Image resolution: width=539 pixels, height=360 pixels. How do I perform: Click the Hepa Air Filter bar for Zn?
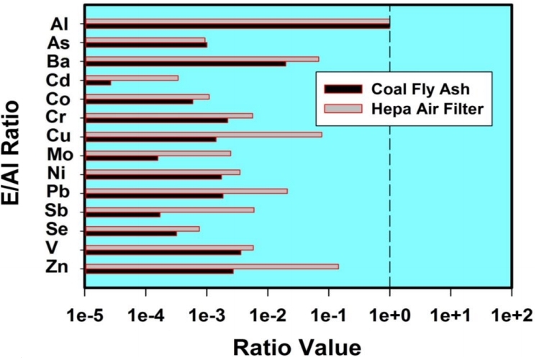[212, 266]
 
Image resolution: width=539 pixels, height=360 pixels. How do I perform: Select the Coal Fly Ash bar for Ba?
[185, 63]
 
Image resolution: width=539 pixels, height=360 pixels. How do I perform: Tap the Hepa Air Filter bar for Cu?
[203, 134]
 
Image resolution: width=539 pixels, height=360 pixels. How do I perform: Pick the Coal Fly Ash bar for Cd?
[98, 83]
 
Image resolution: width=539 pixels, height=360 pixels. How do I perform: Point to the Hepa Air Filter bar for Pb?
[186, 191]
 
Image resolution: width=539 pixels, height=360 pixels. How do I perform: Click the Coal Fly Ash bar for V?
[163, 252]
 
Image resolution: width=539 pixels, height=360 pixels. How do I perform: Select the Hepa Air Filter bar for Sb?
[169, 210]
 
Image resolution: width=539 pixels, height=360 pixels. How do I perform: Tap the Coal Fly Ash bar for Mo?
[121, 158]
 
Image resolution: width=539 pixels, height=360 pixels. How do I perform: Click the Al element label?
[59, 23]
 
